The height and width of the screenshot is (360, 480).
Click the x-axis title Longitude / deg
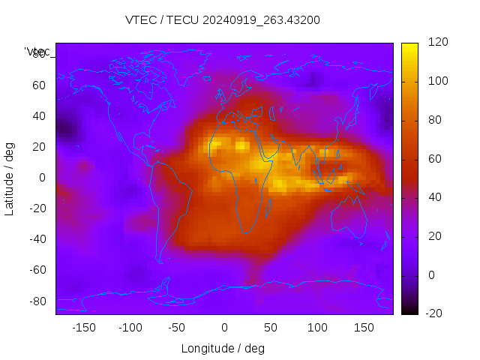tap(223, 348)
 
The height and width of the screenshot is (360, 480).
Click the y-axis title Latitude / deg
tap(10, 178)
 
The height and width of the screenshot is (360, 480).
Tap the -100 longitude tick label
tap(130, 327)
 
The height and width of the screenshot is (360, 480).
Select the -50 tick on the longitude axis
tap(177, 327)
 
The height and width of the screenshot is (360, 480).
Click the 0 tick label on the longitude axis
tap(224, 327)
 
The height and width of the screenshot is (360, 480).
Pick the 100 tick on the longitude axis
tap(317, 327)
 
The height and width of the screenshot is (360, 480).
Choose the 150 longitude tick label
tap(364, 327)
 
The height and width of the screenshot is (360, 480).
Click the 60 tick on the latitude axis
tap(39, 85)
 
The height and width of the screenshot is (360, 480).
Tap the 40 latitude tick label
tap(39, 116)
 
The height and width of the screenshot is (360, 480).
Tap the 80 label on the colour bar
tap(434, 120)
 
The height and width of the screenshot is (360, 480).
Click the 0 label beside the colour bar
tap(430, 275)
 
